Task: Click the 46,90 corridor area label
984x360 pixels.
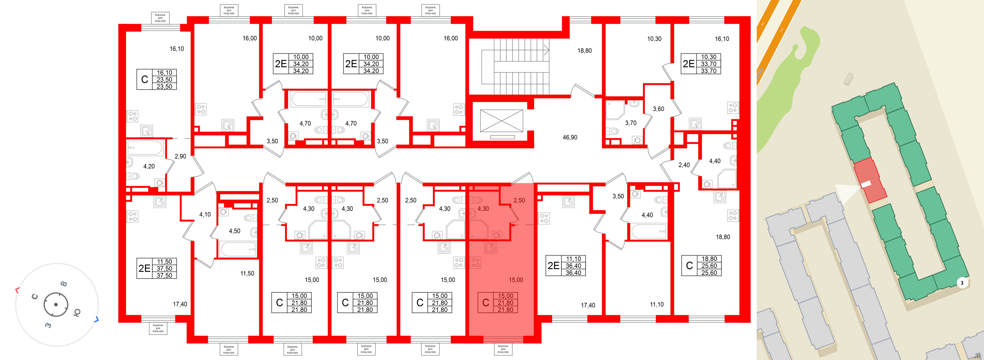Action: click(570, 137)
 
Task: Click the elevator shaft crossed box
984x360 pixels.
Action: click(501, 121)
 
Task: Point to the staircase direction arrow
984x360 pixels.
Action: click(547, 50)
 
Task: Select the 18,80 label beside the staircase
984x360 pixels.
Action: click(584, 50)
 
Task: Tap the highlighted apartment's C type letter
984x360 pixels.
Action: click(485, 303)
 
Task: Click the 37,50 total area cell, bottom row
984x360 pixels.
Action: click(164, 275)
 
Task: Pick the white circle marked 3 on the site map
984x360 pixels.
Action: click(962, 283)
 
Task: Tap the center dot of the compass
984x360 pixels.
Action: click(56, 304)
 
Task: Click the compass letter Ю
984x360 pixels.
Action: click(76, 313)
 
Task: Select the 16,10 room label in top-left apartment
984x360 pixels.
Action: click(177, 48)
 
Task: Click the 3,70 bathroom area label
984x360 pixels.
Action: click(630, 123)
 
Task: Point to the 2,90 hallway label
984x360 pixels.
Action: click(180, 156)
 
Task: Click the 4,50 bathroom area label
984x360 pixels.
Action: click(234, 231)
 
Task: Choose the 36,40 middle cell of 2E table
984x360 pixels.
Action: click(573, 266)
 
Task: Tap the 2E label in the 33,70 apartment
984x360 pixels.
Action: click(688, 64)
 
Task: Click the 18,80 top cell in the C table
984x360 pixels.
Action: click(709, 259)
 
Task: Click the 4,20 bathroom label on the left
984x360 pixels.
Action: click(149, 166)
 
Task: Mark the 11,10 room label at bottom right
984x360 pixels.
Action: click(656, 304)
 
